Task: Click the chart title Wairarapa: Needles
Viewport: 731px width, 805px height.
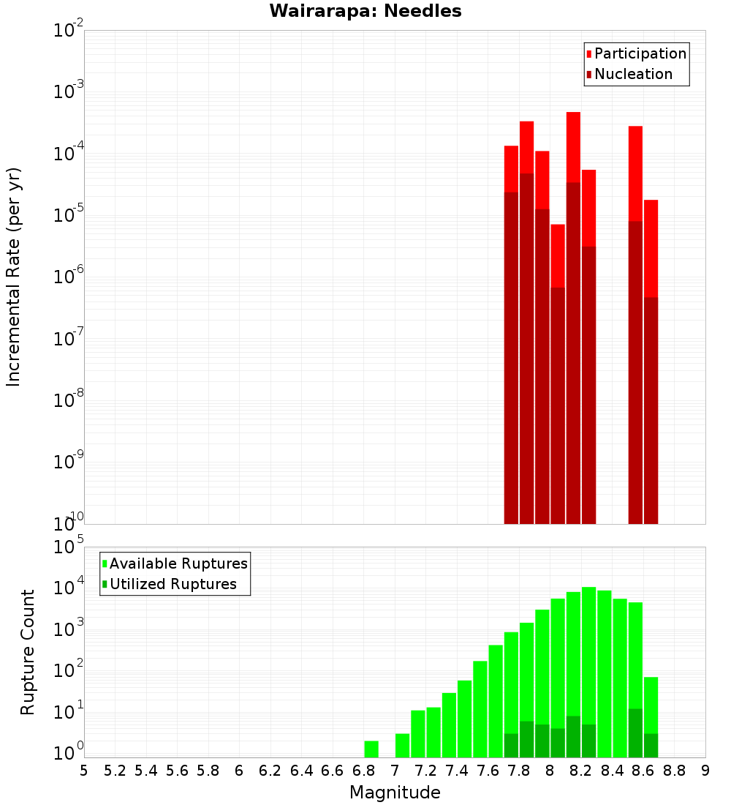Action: [365, 11]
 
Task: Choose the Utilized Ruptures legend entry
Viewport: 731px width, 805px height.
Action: [173, 584]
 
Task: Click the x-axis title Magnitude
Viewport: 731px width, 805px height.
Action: [395, 793]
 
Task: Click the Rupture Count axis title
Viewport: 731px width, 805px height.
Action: [28, 652]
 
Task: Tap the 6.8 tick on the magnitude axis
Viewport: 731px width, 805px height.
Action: [363, 771]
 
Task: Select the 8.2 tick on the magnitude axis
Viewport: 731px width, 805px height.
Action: [581, 771]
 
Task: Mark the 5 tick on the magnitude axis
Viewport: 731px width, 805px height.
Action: [84, 771]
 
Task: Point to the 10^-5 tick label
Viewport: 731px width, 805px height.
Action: [69, 214]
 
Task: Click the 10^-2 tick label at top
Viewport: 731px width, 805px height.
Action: [69, 31]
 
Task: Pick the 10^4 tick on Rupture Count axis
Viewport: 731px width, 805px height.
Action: [69, 588]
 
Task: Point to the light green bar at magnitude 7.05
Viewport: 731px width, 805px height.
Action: [402, 746]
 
